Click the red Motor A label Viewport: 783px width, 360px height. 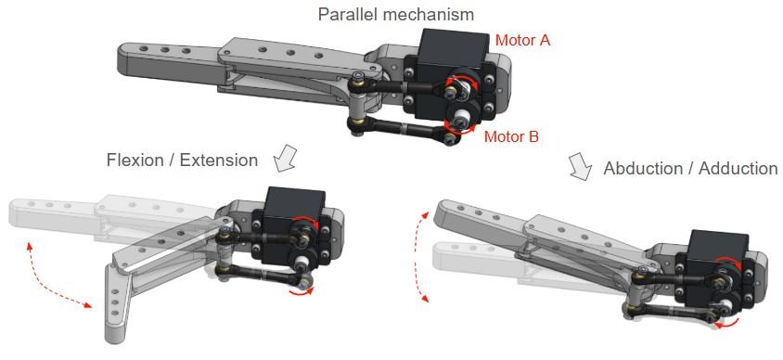tap(522, 40)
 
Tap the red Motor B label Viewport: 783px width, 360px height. tap(511, 136)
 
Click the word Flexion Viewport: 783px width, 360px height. tap(135, 161)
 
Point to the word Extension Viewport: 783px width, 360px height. tap(219, 161)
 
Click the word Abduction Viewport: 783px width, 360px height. tap(642, 168)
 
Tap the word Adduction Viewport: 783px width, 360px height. tap(738, 168)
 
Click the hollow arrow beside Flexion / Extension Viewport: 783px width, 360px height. tap(286, 159)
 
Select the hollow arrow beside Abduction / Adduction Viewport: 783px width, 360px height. tap(579, 166)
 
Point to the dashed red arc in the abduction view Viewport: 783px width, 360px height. tap(417, 256)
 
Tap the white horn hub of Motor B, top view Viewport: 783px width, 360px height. tap(460, 118)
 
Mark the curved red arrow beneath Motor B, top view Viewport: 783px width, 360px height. tap(460, 132)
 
